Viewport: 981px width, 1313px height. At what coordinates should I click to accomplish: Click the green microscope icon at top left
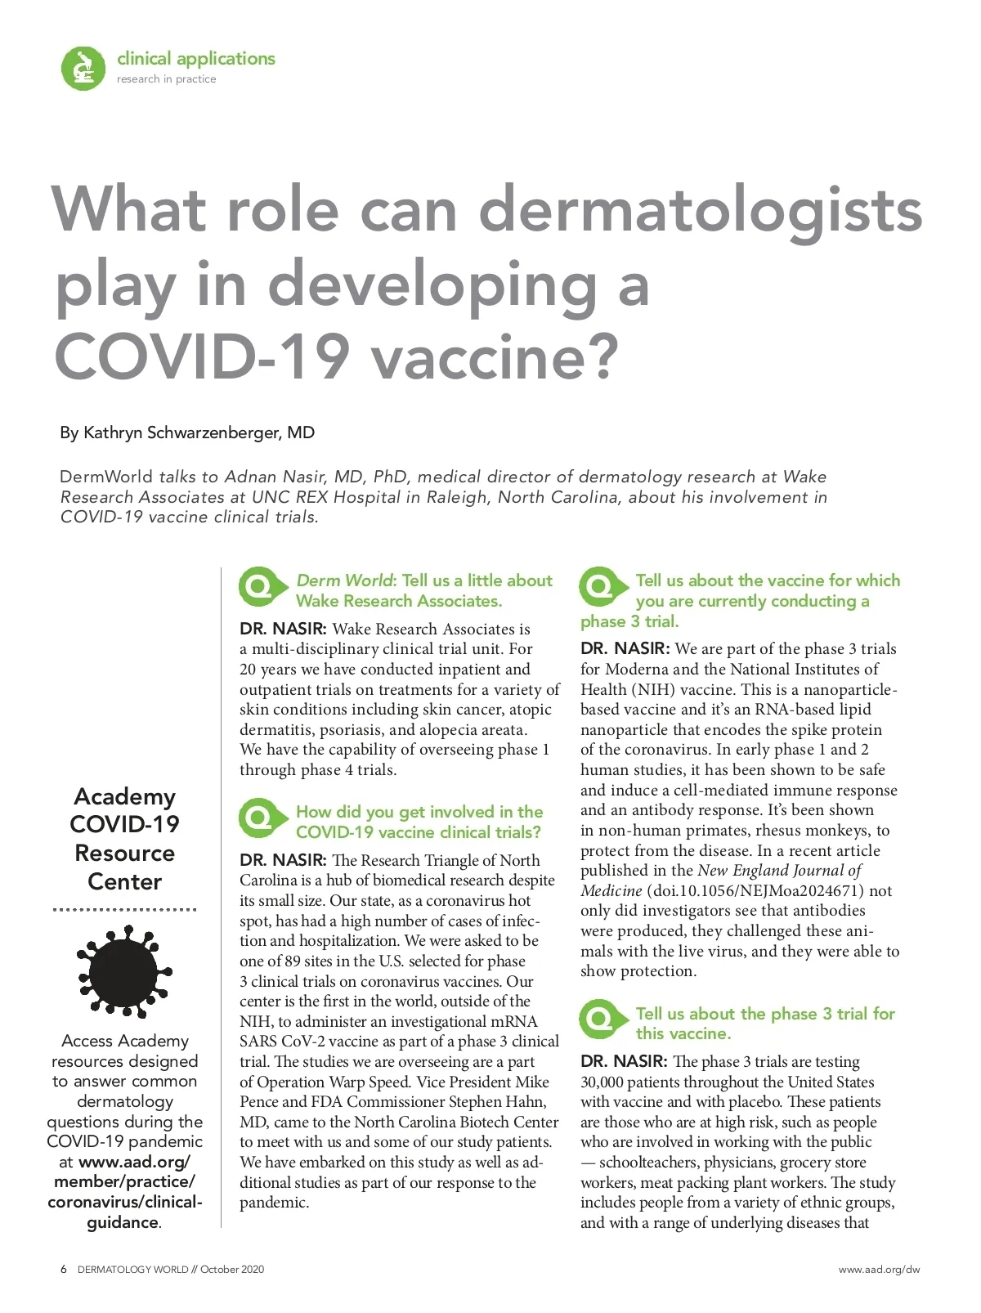tap(83, 68)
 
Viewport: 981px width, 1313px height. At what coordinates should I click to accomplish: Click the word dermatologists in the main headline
tap(700, 209)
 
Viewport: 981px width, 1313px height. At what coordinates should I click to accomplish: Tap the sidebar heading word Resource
tap(124, 853)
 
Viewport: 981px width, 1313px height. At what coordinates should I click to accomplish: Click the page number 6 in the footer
tap(64, 1270)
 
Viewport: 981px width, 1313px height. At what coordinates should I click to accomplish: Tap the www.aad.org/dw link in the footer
tap(879, 1270)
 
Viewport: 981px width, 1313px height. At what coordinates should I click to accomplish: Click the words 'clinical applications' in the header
tap(196, 59)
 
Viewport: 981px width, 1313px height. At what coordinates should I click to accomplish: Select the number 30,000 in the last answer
tap(602, 1082)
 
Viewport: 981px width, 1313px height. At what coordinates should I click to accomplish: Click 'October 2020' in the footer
tap(232, 1270)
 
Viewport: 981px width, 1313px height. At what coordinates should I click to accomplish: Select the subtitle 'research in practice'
tap(167, 79)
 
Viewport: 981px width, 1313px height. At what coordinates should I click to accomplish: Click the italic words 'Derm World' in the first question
tap(344, 580)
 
